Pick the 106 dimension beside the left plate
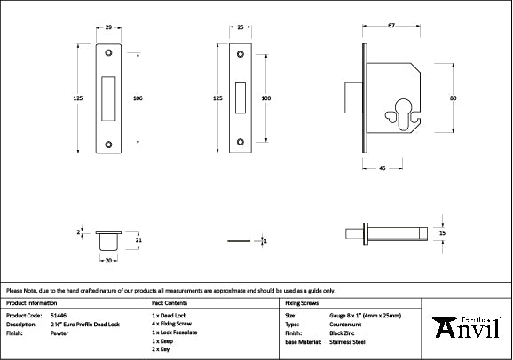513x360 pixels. click(x=138, y=98)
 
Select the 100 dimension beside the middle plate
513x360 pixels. click(x=266, y=98)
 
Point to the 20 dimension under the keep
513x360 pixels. click(x=108, y=262)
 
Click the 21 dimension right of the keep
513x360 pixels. click(x=138, y=239)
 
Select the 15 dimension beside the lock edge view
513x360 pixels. click(x=442, y=232)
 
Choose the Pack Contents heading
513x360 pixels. click(x=172, y=302)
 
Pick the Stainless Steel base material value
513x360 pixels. click(x=345, y=340)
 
